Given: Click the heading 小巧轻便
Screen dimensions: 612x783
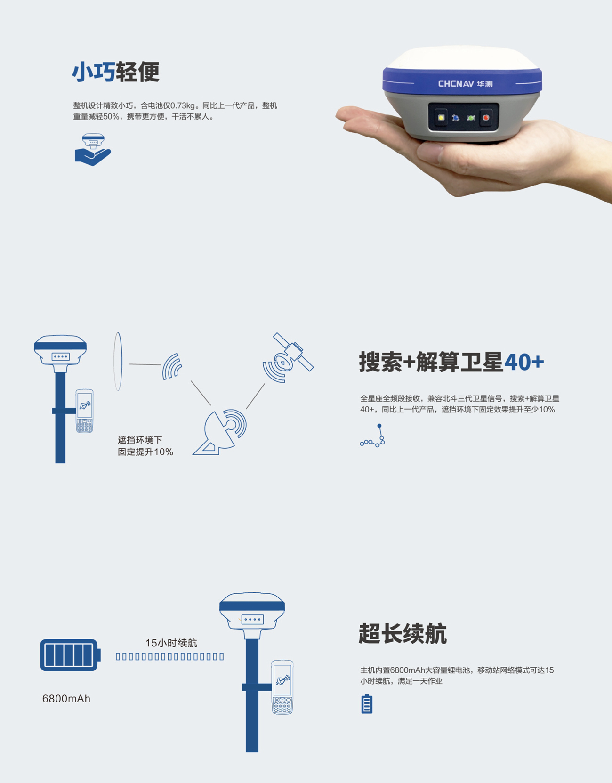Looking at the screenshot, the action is click(x=116, y=72).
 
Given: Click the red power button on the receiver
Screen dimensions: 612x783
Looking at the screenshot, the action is click(x=486, y=117).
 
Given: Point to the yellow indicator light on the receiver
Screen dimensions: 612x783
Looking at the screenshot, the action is click(x=441, y=117).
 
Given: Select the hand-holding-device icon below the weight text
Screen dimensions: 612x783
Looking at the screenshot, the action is click(x=93, y=150).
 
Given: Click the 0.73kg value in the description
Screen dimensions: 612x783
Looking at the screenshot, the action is click(x=183, y=105).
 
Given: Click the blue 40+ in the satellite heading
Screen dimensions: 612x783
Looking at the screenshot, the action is click(x=524, y=362).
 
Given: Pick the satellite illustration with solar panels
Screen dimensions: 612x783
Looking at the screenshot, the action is click(x=288, y=357).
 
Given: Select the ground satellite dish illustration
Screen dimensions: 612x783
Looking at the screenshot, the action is click(x=220, y=432).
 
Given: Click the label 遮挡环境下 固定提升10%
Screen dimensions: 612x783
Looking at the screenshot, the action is click(x=145, y=446).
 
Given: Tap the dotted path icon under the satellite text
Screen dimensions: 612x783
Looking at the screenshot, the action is click(x=372, y=436).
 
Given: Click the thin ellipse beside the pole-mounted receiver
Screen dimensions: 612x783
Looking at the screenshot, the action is click(x=118, y=362).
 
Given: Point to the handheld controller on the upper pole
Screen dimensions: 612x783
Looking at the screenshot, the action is click(x=85, y=411).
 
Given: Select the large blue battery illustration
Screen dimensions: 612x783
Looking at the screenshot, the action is click(x=70, y=655).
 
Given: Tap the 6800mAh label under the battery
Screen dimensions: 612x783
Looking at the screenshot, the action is click(x=66, y=699).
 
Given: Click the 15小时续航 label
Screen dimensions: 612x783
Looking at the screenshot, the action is click(x=171, y=643).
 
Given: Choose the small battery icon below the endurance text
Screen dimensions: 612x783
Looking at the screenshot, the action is click(x=367, y=704).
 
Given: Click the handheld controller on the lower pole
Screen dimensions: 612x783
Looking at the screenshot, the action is click(x=282, y=687).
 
